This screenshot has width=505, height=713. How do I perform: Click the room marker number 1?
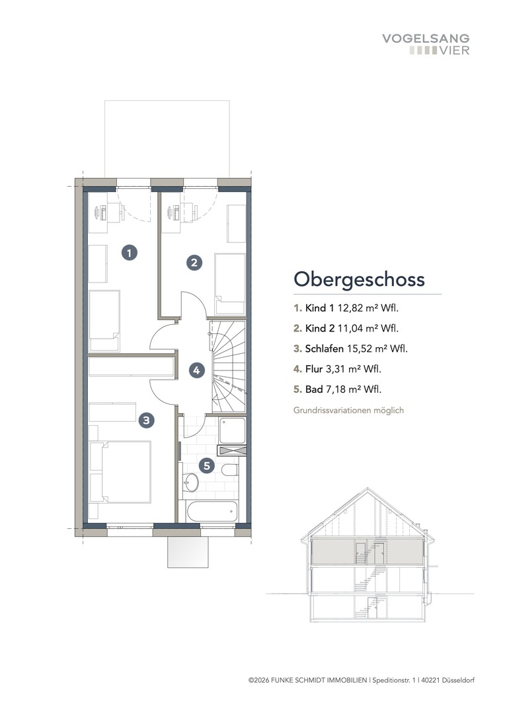[130, 252]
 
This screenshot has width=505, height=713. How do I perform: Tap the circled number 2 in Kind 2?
[193, 263]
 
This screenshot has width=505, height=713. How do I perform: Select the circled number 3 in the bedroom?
[147, 419]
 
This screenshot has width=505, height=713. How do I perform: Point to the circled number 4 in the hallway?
[196, 370]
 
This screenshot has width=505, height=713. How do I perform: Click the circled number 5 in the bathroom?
[207, 466]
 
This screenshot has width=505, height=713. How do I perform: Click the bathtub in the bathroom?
[211, 510]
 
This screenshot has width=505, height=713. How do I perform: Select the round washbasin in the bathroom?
[190, 482]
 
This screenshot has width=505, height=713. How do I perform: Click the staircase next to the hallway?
[227, 367]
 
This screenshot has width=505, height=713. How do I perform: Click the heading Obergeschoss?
[359, 279]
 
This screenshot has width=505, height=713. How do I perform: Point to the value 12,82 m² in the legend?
[362, 308]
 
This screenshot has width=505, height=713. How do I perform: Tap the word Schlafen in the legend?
[324, 349]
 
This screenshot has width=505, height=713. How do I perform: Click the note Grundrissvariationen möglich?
[348, 410]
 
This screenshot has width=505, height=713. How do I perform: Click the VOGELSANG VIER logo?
[426, 44]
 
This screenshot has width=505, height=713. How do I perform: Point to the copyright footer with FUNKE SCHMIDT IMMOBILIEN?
[361, 680]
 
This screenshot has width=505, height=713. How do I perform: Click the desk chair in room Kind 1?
[100, 213]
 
